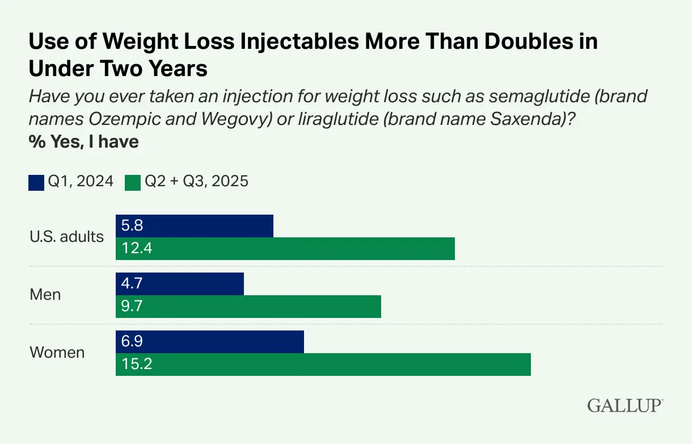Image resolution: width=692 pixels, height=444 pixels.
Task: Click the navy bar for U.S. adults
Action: click(x=194, y=226)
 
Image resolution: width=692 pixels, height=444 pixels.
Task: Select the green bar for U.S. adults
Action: click(x=285, y=249)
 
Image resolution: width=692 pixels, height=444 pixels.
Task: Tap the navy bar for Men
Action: click(x=179, y=284)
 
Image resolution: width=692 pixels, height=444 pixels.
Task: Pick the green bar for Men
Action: click(x=248, y=307)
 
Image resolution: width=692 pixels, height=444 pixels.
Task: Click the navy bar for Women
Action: click(x=209, y=341)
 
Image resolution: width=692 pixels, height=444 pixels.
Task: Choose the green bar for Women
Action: click(x=323, y=364)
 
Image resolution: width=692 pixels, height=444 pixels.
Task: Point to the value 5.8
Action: click(x=132, y=226)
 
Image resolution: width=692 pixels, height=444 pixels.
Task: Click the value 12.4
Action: click(x=137, y=249)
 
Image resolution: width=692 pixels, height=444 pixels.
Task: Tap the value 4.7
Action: click(x=132, y=284)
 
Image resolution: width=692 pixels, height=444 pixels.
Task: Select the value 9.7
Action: click(x=132, y=307)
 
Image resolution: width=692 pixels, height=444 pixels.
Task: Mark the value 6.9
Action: click(x=132, y=341)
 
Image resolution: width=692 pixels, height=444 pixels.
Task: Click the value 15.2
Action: click(x=137, y=364)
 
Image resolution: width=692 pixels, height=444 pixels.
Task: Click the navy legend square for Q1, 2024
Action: click(x=36, y=182)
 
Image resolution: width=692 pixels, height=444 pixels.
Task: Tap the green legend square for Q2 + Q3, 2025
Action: click(x=133, y=182)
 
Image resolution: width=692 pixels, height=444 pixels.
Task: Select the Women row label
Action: click(x=57, y=353)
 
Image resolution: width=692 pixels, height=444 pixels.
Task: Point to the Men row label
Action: click(x=45, y=295)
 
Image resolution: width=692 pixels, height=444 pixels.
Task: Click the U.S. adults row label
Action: click(x=66, y=237)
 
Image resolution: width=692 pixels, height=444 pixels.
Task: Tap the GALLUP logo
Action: click(x=625, y=405)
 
